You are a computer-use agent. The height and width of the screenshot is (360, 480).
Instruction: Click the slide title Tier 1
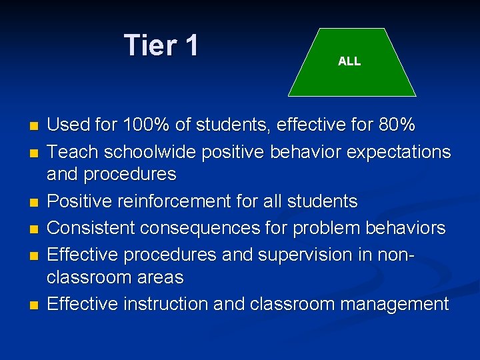[161, 45]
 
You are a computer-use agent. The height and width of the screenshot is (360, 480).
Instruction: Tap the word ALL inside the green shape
[349, 61]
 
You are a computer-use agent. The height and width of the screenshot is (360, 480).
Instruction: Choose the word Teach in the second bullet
[69, 152]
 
